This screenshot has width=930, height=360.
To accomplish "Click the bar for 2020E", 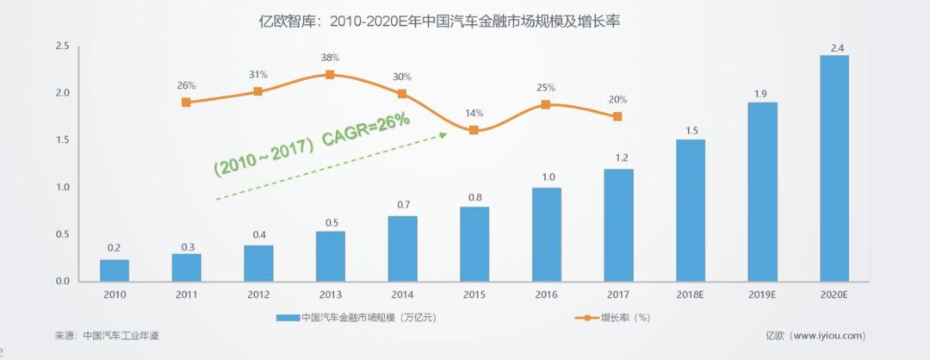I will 834,169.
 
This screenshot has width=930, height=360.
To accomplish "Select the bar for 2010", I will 114,270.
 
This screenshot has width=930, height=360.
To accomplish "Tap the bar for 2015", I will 474,244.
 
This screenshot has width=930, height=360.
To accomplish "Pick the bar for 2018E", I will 690,210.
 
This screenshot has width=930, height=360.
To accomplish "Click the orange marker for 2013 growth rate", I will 330,75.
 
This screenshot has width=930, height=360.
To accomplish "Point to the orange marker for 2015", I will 474,130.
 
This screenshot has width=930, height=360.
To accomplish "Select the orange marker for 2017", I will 617,117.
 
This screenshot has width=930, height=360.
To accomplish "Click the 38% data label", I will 330,58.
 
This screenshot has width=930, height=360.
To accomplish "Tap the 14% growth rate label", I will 474,113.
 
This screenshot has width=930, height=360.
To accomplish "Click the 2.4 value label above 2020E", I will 834,46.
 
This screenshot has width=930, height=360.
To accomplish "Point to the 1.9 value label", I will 762,93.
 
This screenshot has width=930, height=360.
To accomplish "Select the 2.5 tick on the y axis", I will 62,47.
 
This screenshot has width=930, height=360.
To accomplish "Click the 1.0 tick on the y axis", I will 62,188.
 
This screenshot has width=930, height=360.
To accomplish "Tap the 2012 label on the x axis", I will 257,294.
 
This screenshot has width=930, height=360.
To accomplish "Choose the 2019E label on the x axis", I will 762,294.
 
